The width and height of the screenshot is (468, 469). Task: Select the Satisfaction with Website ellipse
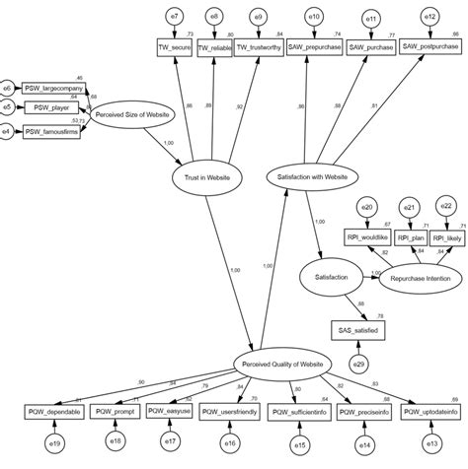point(308,176)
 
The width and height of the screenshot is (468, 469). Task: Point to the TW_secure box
point(175,46)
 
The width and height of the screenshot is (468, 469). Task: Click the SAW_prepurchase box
point(314,46)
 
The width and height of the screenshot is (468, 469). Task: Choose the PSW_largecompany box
point(54,87)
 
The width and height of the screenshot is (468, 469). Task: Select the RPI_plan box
point(409,237)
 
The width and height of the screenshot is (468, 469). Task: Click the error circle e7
point(174,18)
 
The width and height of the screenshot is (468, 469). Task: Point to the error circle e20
point(366,208)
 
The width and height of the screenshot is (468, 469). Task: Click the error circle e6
point(7,88)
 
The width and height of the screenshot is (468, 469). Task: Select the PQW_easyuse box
point(169,411)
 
